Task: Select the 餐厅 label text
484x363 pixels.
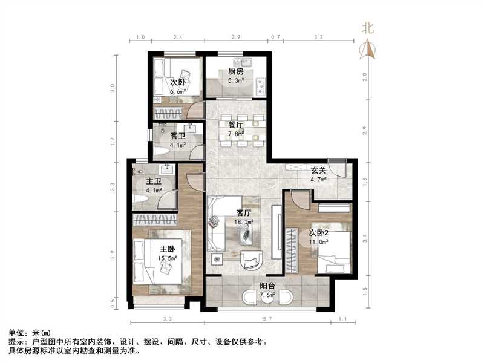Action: point(236,125)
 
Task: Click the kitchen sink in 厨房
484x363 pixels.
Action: point(247,62)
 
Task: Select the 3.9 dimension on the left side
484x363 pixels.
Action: point(113,254)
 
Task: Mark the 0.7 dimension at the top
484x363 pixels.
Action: point(275,38)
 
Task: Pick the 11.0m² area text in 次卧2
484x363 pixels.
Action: point(318,241)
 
